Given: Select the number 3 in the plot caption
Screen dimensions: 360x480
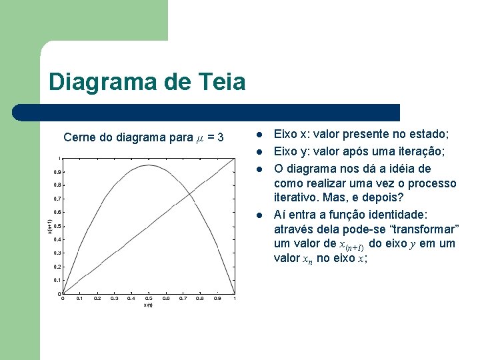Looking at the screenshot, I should click(221, 138).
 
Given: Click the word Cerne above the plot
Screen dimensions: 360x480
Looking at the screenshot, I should click(79, 138).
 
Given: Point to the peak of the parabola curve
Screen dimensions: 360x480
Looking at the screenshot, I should click(148, 165).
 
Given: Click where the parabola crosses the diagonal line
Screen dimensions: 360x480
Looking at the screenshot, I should click(191, 193).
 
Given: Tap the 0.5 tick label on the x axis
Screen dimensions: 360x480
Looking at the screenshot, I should click(148, 299).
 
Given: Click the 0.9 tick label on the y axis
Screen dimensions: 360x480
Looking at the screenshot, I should click(58, 172).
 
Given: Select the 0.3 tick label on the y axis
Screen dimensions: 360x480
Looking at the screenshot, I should click(58, 253).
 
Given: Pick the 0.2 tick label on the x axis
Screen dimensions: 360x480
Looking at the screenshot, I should click(97, 299).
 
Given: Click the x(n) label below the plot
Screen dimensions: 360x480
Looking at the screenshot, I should click(147, 305).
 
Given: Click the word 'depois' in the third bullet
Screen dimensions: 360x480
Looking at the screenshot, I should click(380, 198).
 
